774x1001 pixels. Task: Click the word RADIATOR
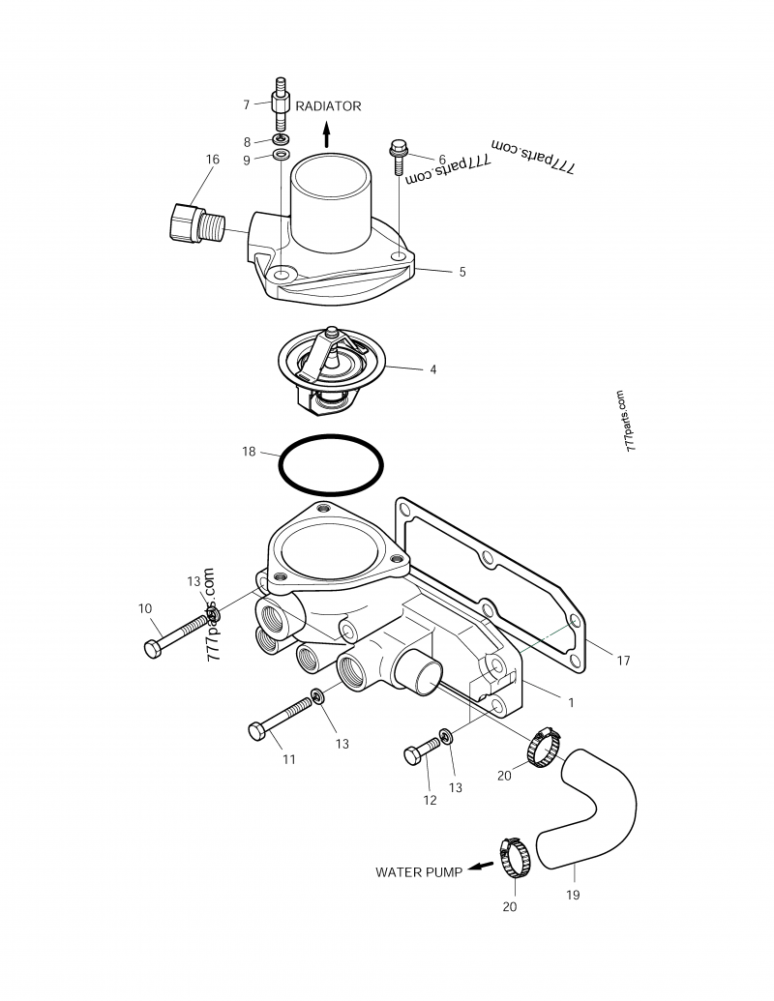tap(328, 106)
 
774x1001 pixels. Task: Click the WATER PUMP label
tap(419, 872)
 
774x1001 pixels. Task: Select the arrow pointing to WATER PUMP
tap(481, 866)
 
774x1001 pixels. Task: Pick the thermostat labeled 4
tap(332, 371)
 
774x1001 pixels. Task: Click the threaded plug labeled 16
tap(197, 223)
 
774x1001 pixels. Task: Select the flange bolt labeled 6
tap(400, 157)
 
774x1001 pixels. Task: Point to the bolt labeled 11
tap(282, 719)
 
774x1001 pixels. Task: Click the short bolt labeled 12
tap(422, 751)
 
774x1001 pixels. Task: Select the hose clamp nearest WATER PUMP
tap(515, 857)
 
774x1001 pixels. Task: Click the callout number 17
tap(623, 661)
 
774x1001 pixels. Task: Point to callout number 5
tap(462, 272)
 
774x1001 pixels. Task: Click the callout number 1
tap(571, 702)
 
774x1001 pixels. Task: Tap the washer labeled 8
tap(281, 138)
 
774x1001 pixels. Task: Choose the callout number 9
tap(247, 161)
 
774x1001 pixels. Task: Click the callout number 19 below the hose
tap(573, 895)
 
